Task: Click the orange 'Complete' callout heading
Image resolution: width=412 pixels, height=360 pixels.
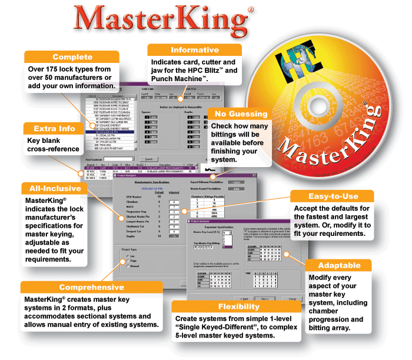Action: click(72, 57)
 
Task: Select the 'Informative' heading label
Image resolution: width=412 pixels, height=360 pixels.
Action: click(195, 49)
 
